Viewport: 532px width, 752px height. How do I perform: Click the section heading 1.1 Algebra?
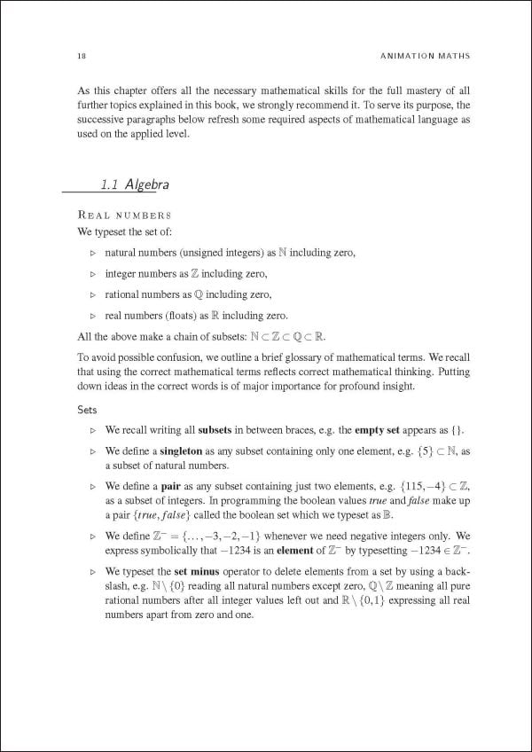tap(135, 185)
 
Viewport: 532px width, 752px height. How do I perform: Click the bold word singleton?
tap(188, 451)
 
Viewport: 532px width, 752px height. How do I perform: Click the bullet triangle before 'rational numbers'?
tap(93, 295)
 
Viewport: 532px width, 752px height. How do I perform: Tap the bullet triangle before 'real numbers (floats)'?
tap(93, 317)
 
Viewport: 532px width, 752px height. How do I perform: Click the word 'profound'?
tap(339, 387)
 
